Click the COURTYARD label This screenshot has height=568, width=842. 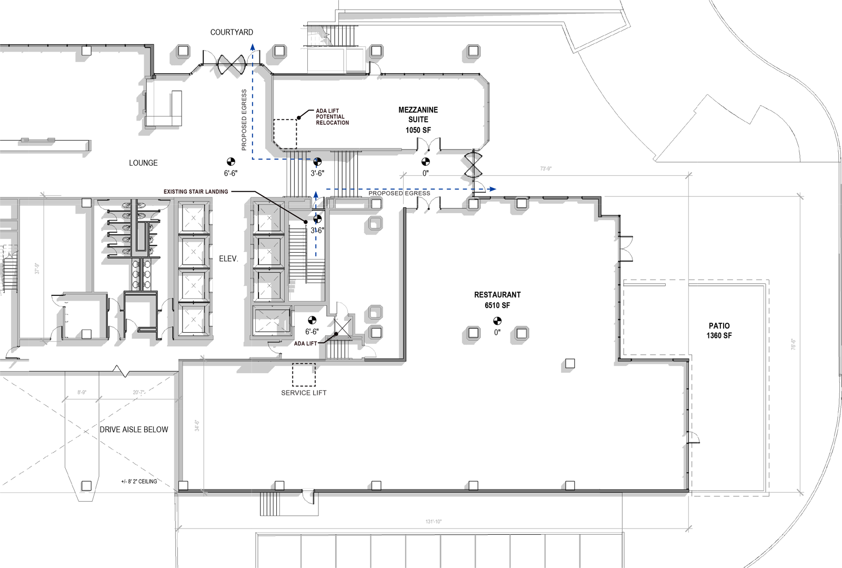tap(232, 33)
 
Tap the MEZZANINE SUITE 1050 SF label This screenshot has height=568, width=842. tap(418, 119)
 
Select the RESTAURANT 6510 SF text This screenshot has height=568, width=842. tap(497, 300)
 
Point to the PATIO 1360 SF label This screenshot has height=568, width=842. tap(719, 331)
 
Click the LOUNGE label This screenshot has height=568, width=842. tap(143, 163)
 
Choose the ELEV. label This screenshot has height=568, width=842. tap(228, 259)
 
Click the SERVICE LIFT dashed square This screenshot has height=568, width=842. tap(304, 375)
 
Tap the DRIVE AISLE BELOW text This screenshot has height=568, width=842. tap(134, 430)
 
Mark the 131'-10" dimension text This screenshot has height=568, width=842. tap(434, 522)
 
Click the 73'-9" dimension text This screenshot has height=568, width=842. tap(546, 169)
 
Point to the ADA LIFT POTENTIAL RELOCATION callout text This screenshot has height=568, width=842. tap(332, 117)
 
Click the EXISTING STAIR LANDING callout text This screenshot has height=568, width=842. tap(196, 192)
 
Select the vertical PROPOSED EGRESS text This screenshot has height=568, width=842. tap(244, 120)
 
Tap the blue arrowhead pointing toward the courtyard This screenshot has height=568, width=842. tap(253, 47)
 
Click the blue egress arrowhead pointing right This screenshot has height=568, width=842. tap(492, 189)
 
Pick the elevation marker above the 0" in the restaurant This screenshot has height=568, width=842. tap(497, 321)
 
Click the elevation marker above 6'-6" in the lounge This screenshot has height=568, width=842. tap(230, 162)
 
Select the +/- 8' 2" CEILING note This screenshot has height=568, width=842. tap(139, 482)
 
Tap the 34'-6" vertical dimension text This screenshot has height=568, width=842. tap(197, 425)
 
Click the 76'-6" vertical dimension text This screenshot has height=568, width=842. tap(793, 344)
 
